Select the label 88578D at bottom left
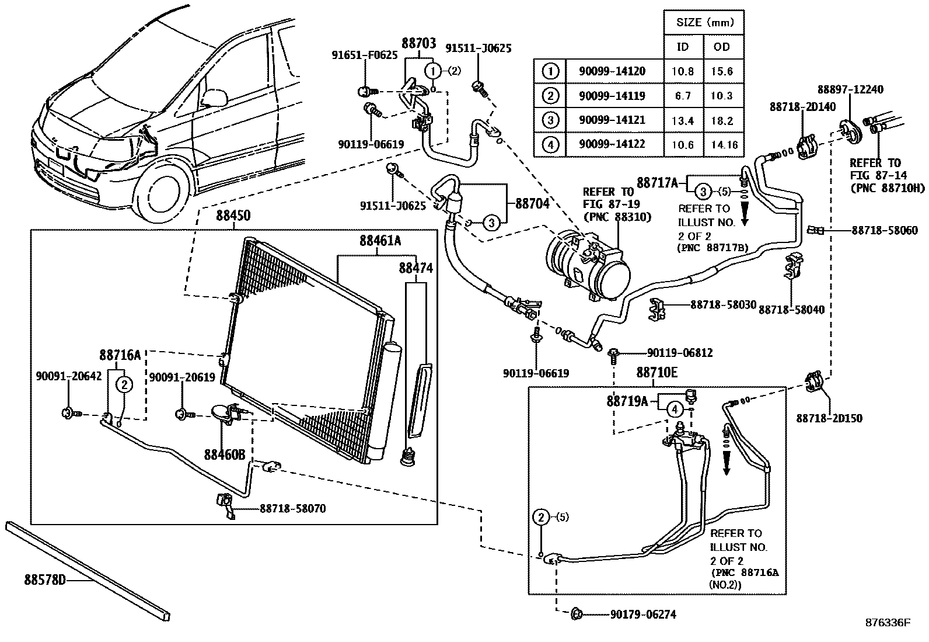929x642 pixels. pyautogui.click(x=46, y=579)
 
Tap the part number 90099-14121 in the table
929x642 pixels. pyautogui.click(x=612, y=120)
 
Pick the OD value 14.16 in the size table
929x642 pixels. pyautogui.click(x=724, y=144)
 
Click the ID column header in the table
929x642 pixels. pyautogui.click(x=682, y=47)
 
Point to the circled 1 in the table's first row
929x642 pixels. pyautogui.click(x=550, y=71)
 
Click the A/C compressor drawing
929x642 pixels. pyautogui.click(x=586, y=265)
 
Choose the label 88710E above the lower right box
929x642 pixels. pyautogui.click(x=656, y=373)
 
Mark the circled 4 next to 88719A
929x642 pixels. pyautogui.click(x=675, y=410)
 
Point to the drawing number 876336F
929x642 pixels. pyautogui.click(x=887, y=623)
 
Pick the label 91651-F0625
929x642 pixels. pyautogui.click(x=365, y=55)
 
